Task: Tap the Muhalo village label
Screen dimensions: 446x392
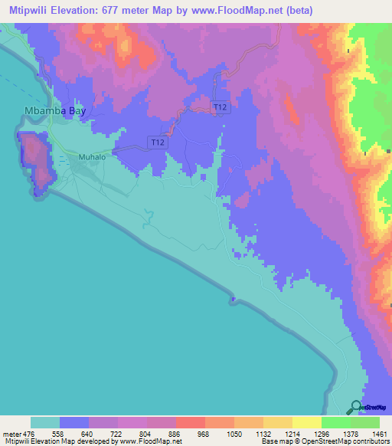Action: pos(91,157)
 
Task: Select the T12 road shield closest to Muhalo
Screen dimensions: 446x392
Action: pos(157,143)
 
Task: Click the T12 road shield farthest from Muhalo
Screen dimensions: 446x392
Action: pos(220,107)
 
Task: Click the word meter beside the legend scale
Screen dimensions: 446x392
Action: pos(11,433)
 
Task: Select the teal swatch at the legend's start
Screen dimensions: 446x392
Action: pos(45,422)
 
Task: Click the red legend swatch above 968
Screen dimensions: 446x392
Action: pos(191,422)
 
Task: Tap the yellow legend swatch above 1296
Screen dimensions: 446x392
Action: pos(307,422)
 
